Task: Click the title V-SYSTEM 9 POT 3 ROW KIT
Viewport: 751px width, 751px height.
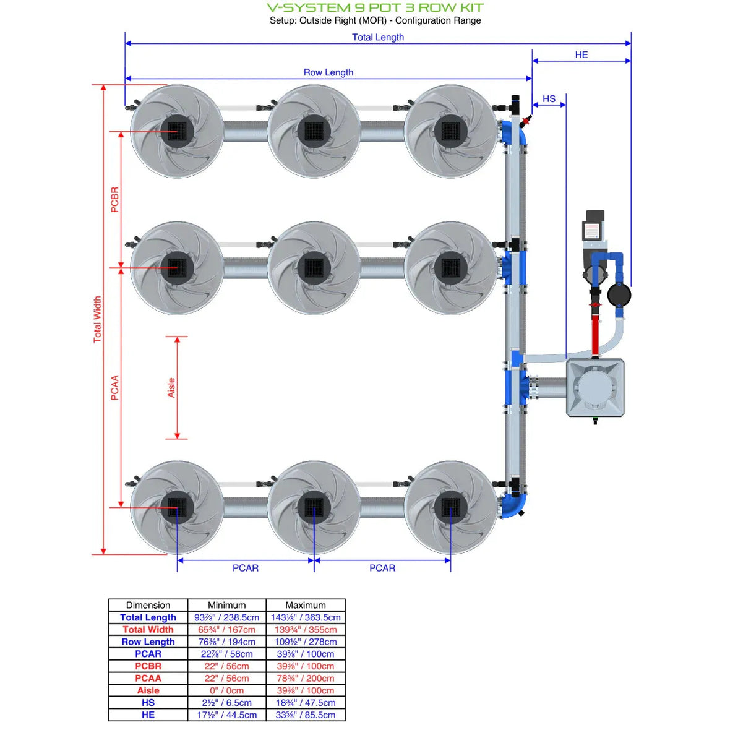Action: click(375, 7)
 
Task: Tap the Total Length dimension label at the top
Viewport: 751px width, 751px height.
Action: click(377, 37)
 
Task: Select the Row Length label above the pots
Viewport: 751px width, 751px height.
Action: click(328, 72)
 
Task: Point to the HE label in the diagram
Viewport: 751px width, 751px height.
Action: click(581, 55)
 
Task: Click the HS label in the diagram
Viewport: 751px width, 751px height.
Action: click(549, 99)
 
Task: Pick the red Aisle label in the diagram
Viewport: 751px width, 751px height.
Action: click(171, 387)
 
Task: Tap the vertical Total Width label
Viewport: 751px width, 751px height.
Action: click(97, 319)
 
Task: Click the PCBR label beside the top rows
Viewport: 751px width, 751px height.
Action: click(114, 200)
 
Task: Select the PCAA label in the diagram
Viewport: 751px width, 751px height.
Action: click(114, 388)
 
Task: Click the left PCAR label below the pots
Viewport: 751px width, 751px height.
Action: click(245, 568)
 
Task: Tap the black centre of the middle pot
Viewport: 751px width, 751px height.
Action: click(314, 268)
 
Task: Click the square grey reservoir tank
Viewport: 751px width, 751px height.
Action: click(595, 388)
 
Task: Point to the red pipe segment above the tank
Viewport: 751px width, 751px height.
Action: click(595, 334)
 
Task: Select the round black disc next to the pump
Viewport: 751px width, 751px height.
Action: click(619, 295)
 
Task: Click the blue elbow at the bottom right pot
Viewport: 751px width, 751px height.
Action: click(514, 504)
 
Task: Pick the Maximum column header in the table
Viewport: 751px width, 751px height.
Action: click(306, 605)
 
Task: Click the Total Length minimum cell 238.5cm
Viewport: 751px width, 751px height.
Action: click(226, 617)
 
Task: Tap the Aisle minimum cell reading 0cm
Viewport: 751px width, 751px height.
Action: click(226, 690)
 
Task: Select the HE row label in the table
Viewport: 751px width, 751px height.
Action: click(148, 715)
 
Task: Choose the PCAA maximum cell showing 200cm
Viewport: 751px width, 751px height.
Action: click(306, 678)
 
